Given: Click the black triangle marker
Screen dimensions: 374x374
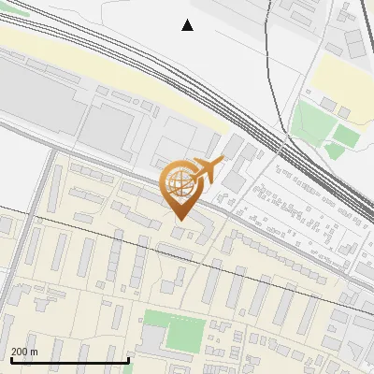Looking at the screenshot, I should (187, 25).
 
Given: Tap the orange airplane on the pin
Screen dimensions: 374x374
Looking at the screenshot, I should (207, 170).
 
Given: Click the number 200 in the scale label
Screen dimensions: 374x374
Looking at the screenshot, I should (20, 351).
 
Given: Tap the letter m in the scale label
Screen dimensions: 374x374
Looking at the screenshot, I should (35, 351).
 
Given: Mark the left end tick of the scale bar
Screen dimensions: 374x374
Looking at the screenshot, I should (10, 359).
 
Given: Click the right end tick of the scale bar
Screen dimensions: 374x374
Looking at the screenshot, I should (128, 359).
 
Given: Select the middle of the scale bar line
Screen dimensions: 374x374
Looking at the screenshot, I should (69, 360).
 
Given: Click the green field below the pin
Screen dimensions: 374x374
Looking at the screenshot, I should (175, 332).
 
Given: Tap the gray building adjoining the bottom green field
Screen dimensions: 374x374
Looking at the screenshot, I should (153, 342).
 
